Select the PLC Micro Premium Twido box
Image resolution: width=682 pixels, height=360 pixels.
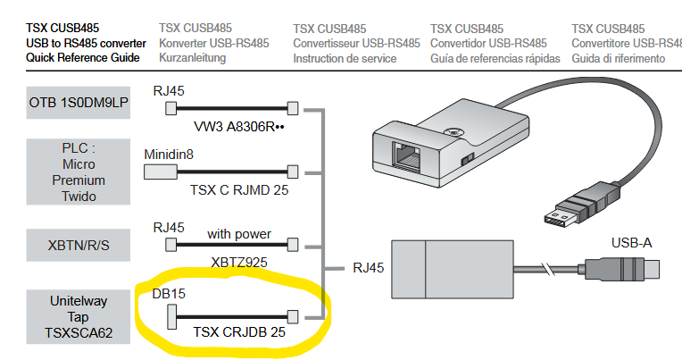tap(79, 171)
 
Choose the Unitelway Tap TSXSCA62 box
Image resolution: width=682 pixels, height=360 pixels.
tap(79, 316)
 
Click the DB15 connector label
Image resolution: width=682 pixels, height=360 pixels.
tap(168, 293)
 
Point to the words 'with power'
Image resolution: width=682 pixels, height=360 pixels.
tap(238, 234)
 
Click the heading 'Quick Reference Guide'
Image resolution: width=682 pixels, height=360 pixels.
tap(83, 58)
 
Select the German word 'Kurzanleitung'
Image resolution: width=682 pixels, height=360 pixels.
tap(192, 58)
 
